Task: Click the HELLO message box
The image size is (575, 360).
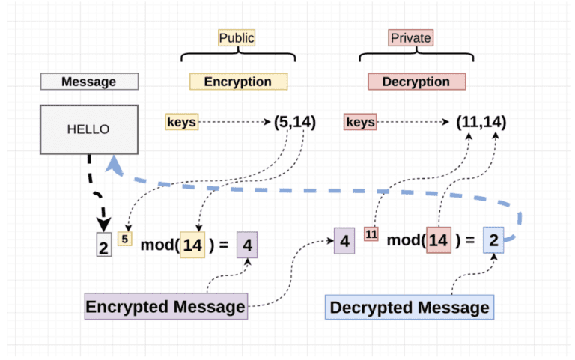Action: (88, 129)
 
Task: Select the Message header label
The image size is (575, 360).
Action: (88, 82)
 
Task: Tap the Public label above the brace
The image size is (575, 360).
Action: (237, 37)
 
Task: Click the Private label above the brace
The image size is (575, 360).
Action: (411, 37)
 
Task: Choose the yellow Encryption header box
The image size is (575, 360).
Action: (237, 82)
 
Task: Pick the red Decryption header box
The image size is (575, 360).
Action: (416, 82)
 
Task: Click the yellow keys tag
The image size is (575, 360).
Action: (182, 121)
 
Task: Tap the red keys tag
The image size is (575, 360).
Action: (360, 121)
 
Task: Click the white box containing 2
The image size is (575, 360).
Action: (104, 245)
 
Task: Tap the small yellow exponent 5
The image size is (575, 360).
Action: (125, 240)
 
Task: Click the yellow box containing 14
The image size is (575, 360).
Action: (192, 244)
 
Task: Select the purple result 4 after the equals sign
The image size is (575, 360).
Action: (248, 244)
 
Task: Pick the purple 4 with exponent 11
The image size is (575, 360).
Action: (344, 241)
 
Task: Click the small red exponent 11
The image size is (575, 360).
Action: (371, 234)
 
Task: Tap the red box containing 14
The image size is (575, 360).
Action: (439, 241)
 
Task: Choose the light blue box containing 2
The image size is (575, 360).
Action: (493, 240)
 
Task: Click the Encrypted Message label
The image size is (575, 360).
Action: (165, 306)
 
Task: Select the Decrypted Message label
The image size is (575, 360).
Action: (410, 307)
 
